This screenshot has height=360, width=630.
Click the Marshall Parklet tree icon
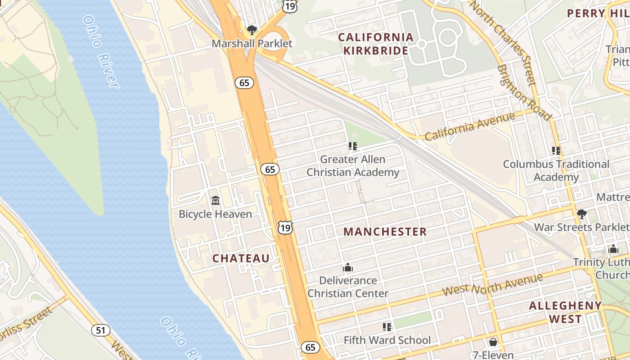pos(252,30)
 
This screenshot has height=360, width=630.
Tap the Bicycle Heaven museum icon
pos(216,200)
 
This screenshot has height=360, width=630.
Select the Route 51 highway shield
pos(101,330)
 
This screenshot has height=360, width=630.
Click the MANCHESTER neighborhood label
pos(385,232)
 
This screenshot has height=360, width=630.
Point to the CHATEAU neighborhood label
pos(241,258)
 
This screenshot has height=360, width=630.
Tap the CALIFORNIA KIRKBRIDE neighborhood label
pos(376,44)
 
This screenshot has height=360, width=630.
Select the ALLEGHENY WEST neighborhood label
pos(565,312)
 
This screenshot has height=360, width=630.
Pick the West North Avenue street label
pos(492,285)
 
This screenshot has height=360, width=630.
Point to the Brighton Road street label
pos(524,93)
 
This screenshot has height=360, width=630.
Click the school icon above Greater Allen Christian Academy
pos(353,146)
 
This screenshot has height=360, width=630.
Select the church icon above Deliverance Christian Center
pos(347,268)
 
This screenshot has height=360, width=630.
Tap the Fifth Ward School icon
pos(387,327)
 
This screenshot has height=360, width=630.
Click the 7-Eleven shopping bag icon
pos(493,342)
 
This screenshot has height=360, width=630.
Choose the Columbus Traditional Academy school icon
pos(556,151)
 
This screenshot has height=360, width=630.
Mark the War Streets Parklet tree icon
pos(581,214)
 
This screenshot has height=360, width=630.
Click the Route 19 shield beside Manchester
pos(285,228)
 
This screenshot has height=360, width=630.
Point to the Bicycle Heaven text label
pos(216,214)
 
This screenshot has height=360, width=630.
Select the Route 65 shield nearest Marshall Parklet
pos(244,83)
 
